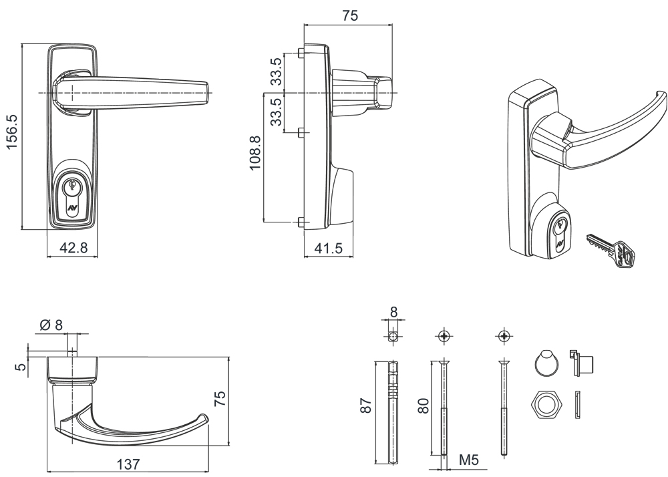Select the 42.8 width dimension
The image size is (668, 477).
pos(73,248)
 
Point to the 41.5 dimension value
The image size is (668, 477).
pos(328,249)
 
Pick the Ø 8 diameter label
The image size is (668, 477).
pos(51,325)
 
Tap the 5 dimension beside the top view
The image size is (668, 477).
pos(20,366)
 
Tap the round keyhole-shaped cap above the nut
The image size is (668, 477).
pos(547,361)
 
